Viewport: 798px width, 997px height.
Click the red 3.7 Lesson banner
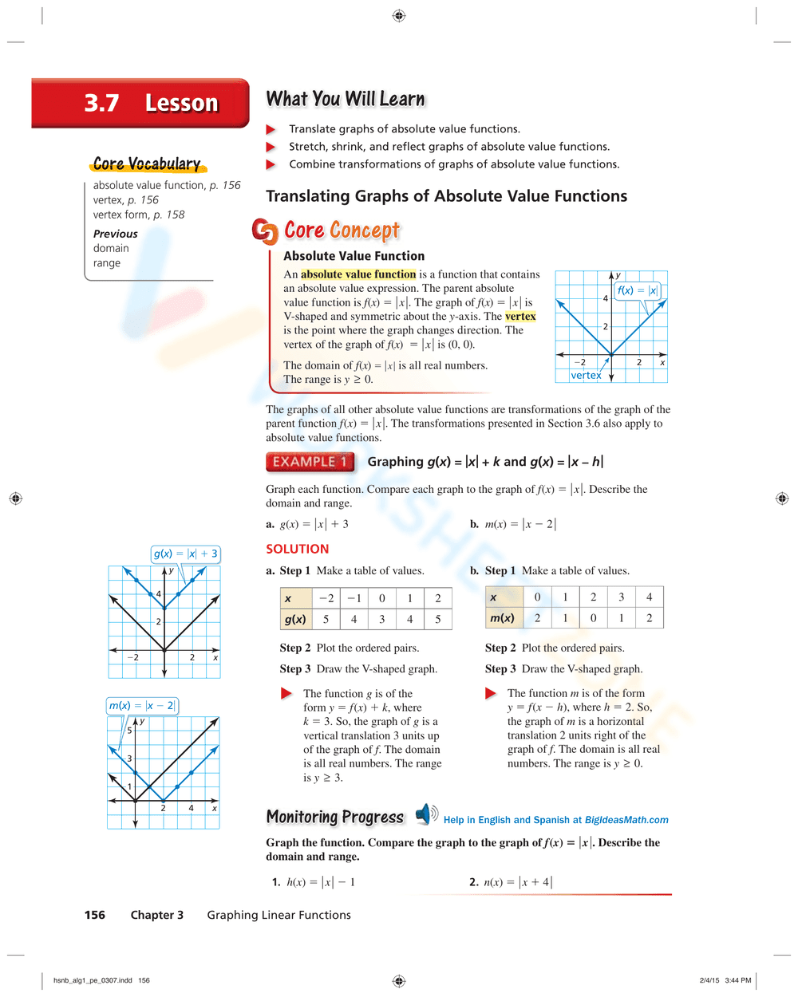click(x=140, y=103)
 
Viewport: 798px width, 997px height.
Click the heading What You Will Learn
click(x=345, y=99)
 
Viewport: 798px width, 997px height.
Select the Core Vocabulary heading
click(x=147, y=164)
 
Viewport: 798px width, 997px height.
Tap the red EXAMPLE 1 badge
click(x=310, y=462)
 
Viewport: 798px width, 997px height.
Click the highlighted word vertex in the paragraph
click(x=520, y=317)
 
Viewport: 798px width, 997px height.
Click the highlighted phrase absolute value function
click(x=358, y=274)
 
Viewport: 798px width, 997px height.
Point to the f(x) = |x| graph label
click(x=637, y=290)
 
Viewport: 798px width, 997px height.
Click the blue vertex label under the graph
click(x=586, y=375)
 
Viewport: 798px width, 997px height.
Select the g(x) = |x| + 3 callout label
click(x=185, y=554)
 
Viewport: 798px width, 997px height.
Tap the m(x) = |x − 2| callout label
click(x=142, y=706)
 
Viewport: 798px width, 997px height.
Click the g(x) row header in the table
click(x=295, y=619)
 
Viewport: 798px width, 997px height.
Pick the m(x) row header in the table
click(x=502, y=618)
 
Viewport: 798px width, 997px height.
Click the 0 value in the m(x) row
click(x=593, y=618)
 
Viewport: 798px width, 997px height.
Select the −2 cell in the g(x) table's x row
click(x=326, y=598)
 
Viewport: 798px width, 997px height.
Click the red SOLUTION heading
click(x=297, y=549)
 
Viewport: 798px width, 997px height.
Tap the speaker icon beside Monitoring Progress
click(x=426, y=814)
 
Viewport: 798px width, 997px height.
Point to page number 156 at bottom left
click(x=94, y=915)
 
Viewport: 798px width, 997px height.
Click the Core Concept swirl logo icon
click(x=264, y=231)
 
